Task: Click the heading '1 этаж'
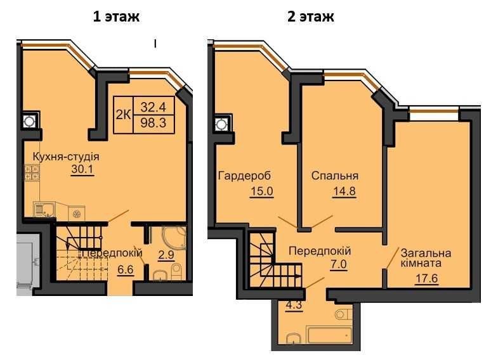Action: click(116, 16)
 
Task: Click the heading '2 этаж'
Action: click(311, 16)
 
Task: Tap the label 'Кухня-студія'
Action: click(66, 157)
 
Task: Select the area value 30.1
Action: click(82, 169)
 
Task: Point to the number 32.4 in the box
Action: click(153, 107)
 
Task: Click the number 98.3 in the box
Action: click(153, 122)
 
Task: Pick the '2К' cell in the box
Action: click(123, 115)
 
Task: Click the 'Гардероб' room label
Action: click(244, 176)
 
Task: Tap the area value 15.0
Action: click(262, 191)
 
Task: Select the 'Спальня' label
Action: click(335, 176)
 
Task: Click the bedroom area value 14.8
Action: click(344, 191)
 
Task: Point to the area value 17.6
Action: click(426, 278)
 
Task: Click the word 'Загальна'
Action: click(426, 253)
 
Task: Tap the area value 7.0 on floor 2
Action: click(339, 264)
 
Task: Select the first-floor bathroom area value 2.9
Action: click(166, 255)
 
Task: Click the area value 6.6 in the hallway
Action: click(125, 269)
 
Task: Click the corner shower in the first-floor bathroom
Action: click(173, 238)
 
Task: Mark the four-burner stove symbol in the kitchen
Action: click(32, 172)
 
